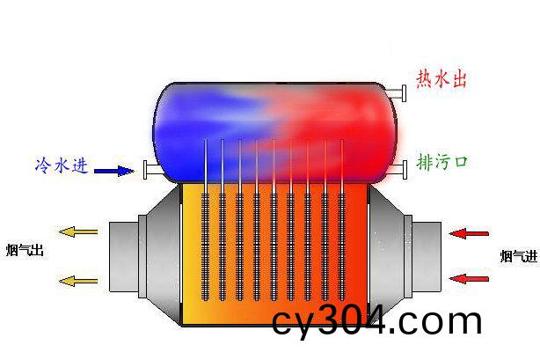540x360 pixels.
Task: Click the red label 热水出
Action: (x=441, y=79)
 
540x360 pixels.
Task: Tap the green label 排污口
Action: (x=442, y=162)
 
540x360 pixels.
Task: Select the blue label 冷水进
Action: (x=62, y=165)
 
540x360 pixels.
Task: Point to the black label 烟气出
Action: (x=25, y=250)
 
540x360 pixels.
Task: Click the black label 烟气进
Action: (x=519, y=256)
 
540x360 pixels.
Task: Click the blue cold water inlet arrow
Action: (x=114, y=171)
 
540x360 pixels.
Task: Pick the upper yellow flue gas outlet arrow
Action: (x=78, y=232)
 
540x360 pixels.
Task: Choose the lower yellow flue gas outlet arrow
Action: (x=78, y=281)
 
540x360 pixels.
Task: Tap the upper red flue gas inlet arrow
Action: (x=469, y=234)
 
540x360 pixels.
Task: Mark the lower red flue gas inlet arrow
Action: (x=469, y=279)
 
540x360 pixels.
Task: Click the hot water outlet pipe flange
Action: (x=404, y=93)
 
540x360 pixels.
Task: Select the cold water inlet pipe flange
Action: (x=145, y=170)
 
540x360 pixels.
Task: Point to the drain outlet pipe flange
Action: (x=405, y=170)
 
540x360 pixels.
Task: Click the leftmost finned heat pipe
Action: (x=205, y=220)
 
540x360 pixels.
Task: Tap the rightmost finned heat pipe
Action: (x=342, y=220)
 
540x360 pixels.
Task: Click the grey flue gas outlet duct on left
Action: (x=145, y=256)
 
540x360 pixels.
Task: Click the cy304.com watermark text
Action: (x=376, y=322)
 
